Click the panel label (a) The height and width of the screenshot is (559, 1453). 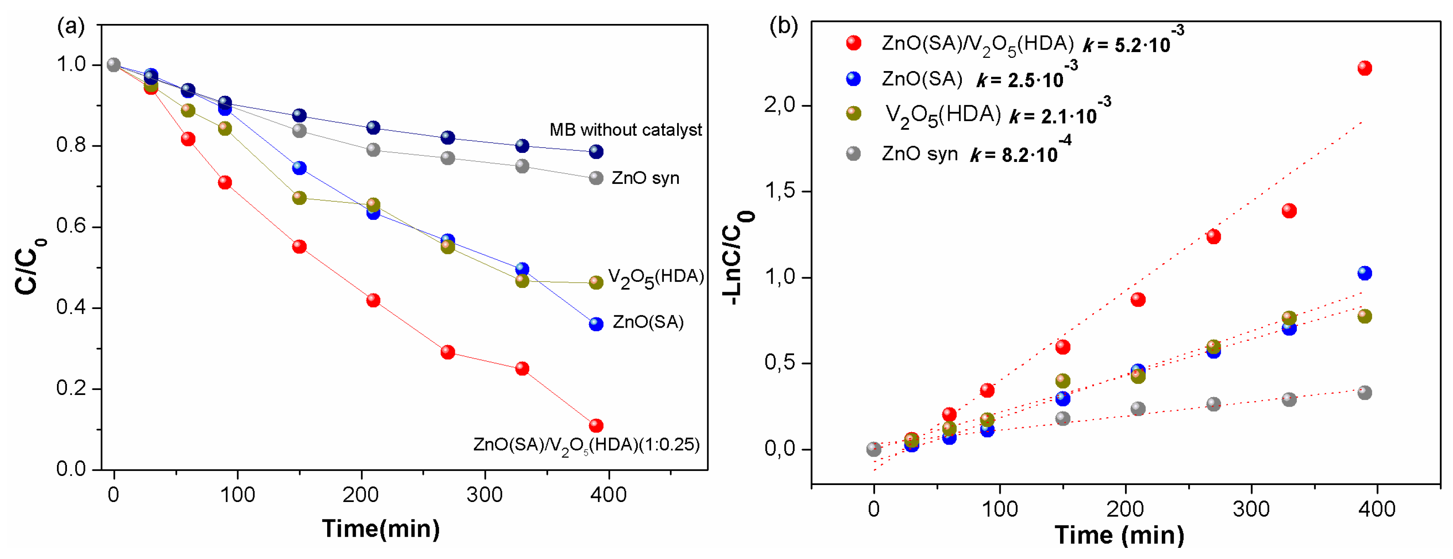[x=71, y=26]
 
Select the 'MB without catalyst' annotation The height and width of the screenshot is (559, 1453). [x=625, y=130]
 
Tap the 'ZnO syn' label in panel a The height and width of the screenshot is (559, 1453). [x=645, y=178]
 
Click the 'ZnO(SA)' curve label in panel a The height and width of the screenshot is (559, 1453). [x=648, y=322]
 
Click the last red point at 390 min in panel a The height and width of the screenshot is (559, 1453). [x=596, y=425]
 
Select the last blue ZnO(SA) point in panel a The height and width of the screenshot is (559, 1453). [x=596, y=324]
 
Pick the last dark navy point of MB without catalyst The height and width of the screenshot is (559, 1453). [x=596, y=152]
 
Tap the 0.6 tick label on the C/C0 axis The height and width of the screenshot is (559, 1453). [x=71, y=226]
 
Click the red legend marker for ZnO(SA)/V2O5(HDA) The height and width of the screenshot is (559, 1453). [x=854, y=43]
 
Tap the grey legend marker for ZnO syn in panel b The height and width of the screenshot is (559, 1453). [x=854, y=153]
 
